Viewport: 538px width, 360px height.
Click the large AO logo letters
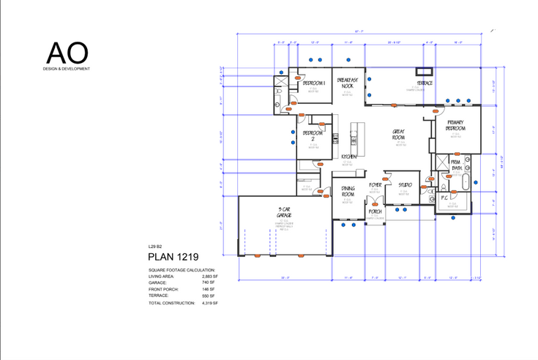coord(67,53)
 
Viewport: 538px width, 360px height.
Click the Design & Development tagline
coord(67,69)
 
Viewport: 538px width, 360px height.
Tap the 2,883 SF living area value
coord(210,276)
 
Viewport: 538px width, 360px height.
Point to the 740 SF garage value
coord(209,282)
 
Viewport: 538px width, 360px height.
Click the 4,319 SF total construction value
coord(210,302)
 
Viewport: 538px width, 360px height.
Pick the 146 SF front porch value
coord(209,289)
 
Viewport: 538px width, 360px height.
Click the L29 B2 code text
coord(156,247)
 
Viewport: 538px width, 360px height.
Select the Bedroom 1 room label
coord(313,84)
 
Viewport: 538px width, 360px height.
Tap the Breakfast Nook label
coord(348,82)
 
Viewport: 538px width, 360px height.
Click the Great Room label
coord(399,135)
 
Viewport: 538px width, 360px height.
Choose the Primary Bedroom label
coord(455,126)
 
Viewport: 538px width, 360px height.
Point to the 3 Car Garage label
coord(285,213)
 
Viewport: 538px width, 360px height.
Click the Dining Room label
coord(348,192)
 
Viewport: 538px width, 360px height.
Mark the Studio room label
coord(404,185)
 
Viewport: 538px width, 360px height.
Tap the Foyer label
coord(376,186)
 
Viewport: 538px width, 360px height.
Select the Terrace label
coord(425,83)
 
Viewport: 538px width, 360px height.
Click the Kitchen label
coord(349,157)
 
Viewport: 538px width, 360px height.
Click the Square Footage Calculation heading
coord(182,269)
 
